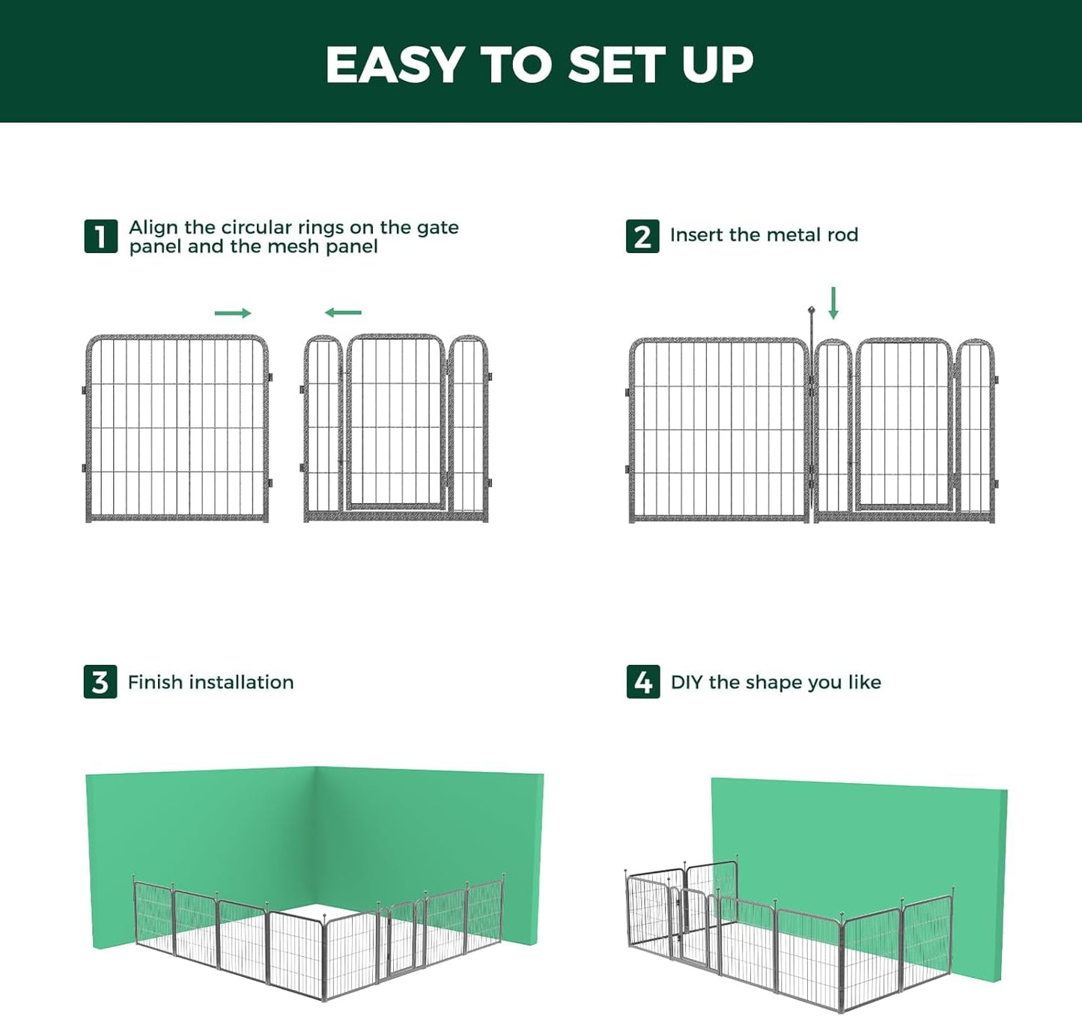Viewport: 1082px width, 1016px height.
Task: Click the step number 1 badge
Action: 100,237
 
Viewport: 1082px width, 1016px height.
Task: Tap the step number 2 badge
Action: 642,237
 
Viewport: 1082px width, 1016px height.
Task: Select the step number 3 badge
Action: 100,682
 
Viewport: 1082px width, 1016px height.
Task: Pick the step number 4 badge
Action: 643,682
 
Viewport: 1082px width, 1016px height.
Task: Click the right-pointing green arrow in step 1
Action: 233,313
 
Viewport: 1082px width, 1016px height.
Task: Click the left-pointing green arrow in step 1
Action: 343,312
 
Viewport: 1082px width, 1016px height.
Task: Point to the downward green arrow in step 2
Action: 833,303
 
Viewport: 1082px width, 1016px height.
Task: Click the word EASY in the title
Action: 395,64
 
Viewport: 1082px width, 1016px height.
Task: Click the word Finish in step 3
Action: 156,682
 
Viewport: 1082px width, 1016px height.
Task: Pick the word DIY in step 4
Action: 687,682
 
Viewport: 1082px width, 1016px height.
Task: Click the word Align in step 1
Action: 154,228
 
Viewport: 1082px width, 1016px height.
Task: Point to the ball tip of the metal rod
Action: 811,309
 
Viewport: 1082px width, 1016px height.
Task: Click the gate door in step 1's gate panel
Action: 395,423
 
